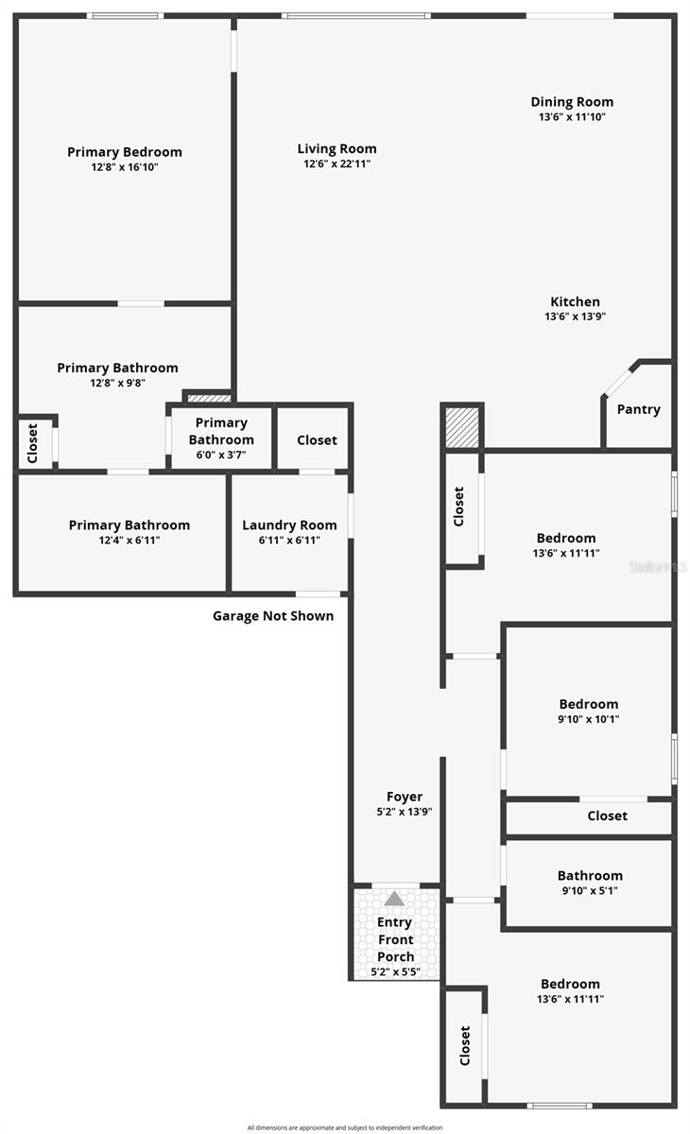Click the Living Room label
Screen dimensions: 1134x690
(x=336, y=148)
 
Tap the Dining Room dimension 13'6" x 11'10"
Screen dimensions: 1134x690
(x=571, y=117)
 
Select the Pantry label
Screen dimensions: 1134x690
(x=638, y=409)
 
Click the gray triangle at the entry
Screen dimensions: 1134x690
(x=394, y=899)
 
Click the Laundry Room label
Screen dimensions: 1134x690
(x=289, y=525)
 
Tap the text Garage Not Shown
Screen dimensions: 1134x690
(x=272, y=616)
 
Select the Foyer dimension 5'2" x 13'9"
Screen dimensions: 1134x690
(x=405, y=812)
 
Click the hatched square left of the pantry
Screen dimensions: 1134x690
(x=463, y=427)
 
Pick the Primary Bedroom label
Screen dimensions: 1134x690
(x=125, y=152)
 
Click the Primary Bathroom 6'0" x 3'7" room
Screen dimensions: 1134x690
(x=221, y=438)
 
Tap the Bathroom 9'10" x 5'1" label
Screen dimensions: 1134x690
(x=590, y=876)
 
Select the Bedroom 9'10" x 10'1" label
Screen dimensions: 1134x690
(x=589, y=704)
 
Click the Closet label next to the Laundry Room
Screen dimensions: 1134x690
(x=317, y=440)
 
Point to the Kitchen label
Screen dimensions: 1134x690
(x=575, y=302)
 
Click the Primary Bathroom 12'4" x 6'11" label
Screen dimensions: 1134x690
(x=129, y=525)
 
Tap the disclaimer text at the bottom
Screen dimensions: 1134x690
(x=344, y=1127)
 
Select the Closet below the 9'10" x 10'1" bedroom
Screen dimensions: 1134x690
(x=607, y=816)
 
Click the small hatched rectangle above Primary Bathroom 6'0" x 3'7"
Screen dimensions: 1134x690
(x=209, y=398)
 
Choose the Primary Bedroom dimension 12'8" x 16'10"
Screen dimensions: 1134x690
(x=125, y=167)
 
